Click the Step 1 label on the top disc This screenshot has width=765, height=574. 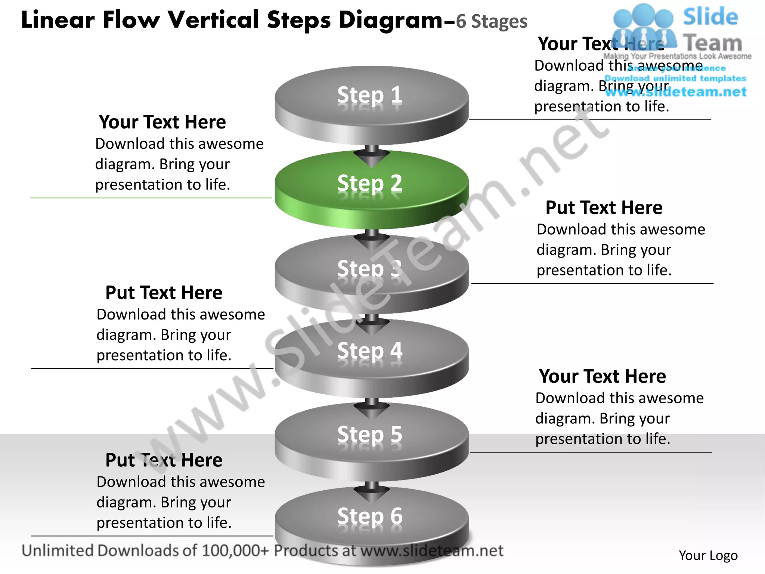[x=370, y=95]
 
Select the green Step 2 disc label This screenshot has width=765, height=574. [x=370, y=183]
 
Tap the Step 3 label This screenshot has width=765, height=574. [x=370, y=268]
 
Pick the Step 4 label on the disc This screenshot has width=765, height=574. [x=370, y=351]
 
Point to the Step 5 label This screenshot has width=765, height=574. [x=370, y=434]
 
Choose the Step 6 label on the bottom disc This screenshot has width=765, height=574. [x=370, y=516]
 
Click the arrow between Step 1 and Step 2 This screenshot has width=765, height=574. [x=372, y=156]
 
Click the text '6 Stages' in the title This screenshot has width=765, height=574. [x=492, y=22]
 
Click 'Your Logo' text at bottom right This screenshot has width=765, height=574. [x=708, y=556]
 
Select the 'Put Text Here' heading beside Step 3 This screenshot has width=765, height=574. [x=604, y=208]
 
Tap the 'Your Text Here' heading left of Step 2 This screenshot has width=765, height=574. [x=162, y=122]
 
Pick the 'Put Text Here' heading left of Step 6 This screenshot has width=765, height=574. [x=164, y=460]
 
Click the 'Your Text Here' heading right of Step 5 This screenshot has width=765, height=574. [x=602, y=376]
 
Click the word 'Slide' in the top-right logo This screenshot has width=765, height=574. [x=710, y=17]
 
